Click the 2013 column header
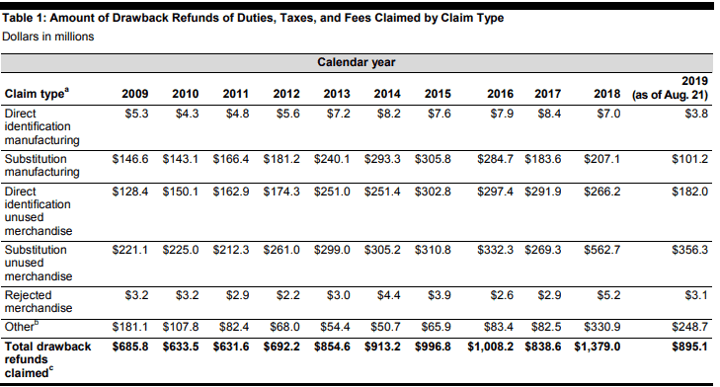[x=337, y=94]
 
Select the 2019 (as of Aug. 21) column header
[x=670, y=88]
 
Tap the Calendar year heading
[x=357, y=62]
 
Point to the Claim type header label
[x=37, y=93]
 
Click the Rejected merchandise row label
[x=39, y=301]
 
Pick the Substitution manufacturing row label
[x=41, y=165]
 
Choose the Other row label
[x=22, y=326]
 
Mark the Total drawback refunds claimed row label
[x=47, y=359]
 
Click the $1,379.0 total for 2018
[x=597, y=347]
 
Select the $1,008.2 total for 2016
[x=491, y=347]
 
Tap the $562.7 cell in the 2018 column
[x=602, y=250]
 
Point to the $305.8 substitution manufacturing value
[x=433, y=159]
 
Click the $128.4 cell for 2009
[x=130, y=192]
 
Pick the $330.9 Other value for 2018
[x=602, y=327]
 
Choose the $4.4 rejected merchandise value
[x=388, y=295]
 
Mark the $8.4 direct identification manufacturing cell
[x=549, y=114]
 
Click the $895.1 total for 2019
[x=689, y=347]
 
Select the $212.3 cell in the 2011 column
[x=231, y=250]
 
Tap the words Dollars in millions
[x=47, y=37]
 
